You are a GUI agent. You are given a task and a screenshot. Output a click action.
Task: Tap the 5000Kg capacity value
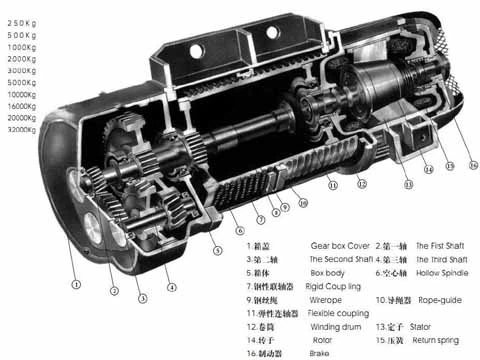pyautogui.click(x=22, y=82)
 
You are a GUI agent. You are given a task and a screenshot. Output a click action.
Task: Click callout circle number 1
pyautogui.click(x=75, y=283)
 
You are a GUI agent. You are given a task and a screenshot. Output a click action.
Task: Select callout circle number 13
pyautogui.click(x=408, y=184)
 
